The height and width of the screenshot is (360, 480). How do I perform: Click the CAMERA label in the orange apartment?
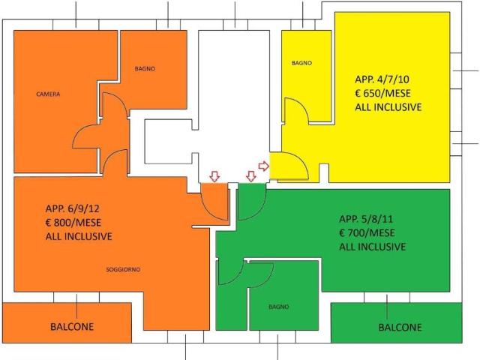pos(48,94)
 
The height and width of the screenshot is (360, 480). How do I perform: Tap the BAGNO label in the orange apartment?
pos(145,68)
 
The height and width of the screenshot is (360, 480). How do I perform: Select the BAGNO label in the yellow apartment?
pos(301,63)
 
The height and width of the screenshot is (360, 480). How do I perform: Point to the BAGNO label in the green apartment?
pos(278,307)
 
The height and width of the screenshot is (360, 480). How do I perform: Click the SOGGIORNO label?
pos(123,269)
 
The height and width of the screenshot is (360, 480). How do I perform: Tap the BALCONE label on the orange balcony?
pos(72,327)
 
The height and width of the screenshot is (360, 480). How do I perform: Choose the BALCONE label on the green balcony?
pos(400,327)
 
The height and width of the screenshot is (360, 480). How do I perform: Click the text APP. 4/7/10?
pos(382,79)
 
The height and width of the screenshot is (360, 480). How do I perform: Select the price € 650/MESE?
pos(382,93)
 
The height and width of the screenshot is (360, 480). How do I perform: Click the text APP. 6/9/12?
pos(72,208)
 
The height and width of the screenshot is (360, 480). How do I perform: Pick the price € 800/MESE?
pos(73,222)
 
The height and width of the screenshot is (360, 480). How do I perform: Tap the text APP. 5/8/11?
pos(366,219)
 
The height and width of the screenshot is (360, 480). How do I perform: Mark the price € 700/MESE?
pos(367,232)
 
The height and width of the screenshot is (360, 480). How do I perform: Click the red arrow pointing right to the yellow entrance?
pos(263,166)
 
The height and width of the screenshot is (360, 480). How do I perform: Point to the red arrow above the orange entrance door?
pos(214,176)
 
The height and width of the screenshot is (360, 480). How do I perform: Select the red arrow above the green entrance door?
pos(251,176)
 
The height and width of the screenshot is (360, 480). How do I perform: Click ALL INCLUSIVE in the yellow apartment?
pos(388,106)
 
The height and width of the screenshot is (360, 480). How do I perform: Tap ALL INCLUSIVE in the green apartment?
pos(372,247)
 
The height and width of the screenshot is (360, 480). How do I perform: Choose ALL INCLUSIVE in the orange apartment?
pos(79,236)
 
